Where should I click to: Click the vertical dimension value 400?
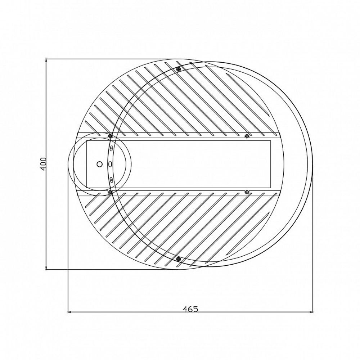(43, 164)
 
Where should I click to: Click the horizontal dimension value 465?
(190, 309)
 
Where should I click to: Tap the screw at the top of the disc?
(178, 69)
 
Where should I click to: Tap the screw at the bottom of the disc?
(178, 259)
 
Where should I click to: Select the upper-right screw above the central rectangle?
(247, 136)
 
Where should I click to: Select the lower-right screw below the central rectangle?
(247, 192)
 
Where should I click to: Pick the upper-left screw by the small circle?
(110, 136)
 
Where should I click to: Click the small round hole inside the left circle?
(100, 164)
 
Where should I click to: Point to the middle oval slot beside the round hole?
(110, 164)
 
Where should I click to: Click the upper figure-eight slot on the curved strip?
(112, 149)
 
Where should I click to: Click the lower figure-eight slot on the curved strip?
(112, 179)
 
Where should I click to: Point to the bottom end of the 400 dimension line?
(46, 269)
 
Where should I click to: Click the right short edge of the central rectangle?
(270, 164)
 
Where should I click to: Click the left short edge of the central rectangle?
(86, 164)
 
